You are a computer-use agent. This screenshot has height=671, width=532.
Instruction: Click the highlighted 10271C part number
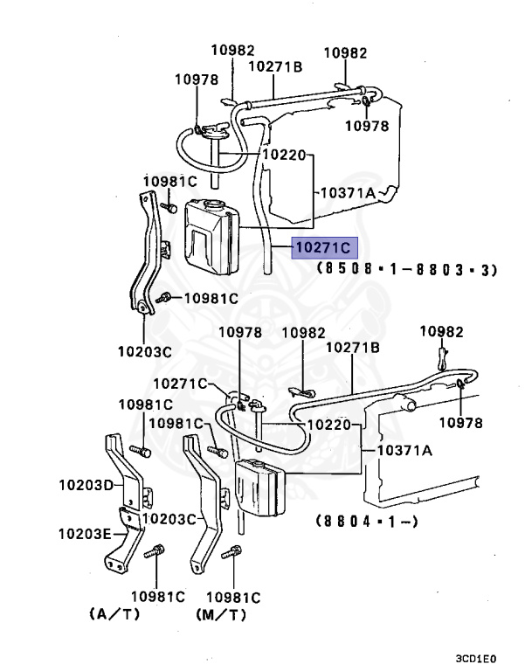tap(321, 249)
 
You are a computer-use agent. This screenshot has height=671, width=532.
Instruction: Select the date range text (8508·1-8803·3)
tap(406, 270)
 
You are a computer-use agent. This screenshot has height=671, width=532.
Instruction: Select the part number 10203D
tap(86, 484)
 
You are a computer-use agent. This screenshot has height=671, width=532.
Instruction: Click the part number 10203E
tap(86, 532)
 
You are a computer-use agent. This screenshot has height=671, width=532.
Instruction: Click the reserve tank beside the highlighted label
tap(210, 234)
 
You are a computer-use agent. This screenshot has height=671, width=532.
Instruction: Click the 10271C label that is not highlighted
tap(180, 383)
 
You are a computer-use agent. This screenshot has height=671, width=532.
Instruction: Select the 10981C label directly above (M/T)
tap(231, 597)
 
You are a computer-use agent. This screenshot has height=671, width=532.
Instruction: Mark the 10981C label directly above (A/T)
tap(158, 597)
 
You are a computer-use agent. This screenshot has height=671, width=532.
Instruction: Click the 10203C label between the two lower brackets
tap(168, 518)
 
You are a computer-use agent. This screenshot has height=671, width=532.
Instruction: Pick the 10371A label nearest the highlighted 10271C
tap(347, 192)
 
